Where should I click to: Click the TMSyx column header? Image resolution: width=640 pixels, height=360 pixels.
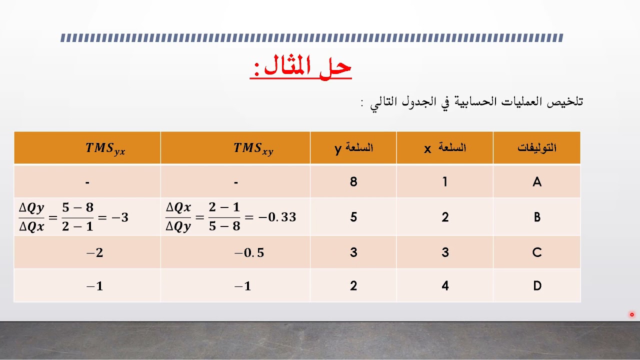click(x=105, y=148)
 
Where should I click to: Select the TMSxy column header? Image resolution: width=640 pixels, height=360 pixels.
click(x=253, y=148)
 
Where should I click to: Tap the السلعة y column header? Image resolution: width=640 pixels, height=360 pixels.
click(x=353, y=148)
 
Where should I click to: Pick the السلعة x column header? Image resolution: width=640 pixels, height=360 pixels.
click(x=445, y=148)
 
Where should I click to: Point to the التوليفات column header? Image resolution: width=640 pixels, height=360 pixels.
click(x=537, y=148)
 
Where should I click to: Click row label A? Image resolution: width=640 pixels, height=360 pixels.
click(x=537, y=182)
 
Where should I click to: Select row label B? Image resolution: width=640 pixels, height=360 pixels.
click(x=537, y=217)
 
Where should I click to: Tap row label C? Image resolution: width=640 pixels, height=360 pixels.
click(x=537, y=253)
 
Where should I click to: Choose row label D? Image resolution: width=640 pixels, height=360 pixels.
click(x=537, y=286)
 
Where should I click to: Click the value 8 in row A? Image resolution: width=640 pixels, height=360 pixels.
click(x=353, y=182)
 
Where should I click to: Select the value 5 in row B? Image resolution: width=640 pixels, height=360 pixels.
click(x=353, y=217)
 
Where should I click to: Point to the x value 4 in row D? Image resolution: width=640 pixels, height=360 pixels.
click(x=445, y=286)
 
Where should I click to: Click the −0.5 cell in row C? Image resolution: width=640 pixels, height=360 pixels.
click(x=249, y=253)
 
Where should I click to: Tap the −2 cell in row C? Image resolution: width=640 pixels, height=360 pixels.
click(x=95, y=253)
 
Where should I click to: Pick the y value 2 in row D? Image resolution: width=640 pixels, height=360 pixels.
click(x=353, y=286)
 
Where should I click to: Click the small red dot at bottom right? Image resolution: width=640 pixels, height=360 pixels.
click(x=632, y=314)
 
